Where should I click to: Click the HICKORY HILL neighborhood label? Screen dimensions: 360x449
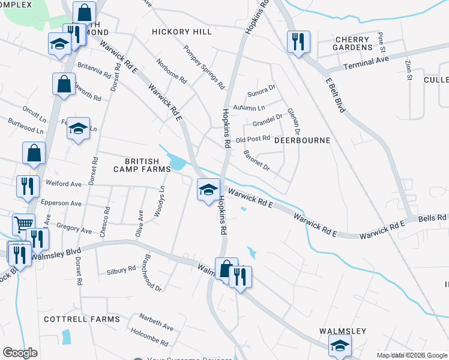click(182, 32)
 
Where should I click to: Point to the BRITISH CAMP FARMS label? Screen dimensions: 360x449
click(142, 166)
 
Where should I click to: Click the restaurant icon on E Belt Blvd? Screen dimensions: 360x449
click(298, 41)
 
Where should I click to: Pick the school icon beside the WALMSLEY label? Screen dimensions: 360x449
click(340, 345)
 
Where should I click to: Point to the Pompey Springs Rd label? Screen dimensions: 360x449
click(203, 67)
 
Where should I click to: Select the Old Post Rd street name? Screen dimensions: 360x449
click(253, 139)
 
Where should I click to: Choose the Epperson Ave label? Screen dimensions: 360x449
click(60, 203)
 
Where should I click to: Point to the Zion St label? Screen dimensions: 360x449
click(409, 70)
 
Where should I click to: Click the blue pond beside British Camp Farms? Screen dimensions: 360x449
click(177, 162)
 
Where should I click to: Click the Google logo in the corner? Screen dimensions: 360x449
click(20, 353)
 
